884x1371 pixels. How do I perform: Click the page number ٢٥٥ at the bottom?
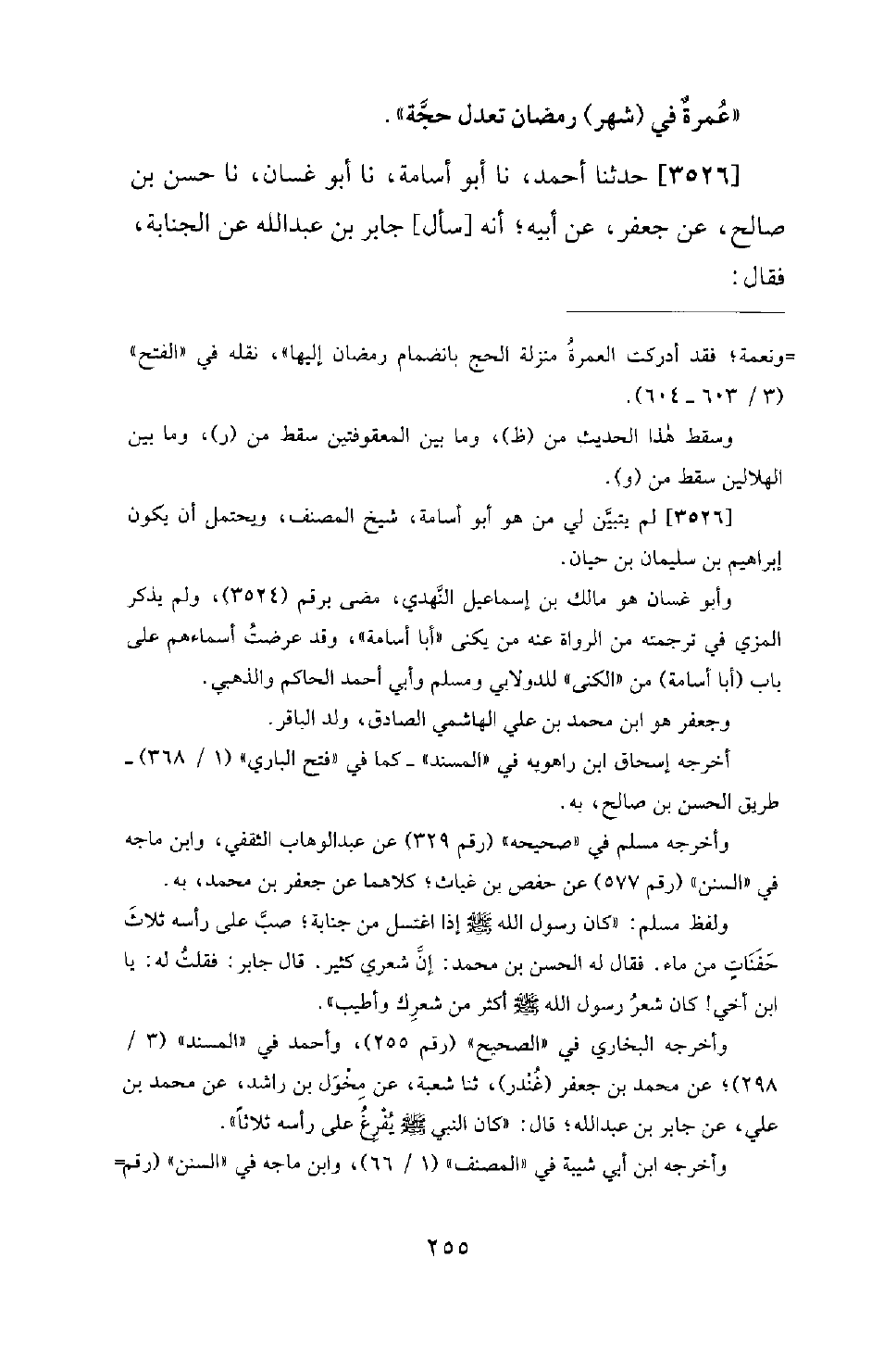(x=442, y=1246)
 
